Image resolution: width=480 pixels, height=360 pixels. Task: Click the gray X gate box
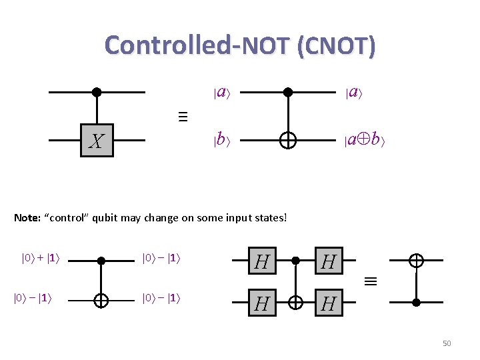pyautogui.click(x=97, y=141)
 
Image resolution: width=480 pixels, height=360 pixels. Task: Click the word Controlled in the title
pyautogui.click(x=167, y=45)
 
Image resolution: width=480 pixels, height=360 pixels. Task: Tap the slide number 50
pyautogui.click(x=447, y=343)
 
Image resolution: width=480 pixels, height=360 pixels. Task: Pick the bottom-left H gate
pyautogui.click(x=262, y=303)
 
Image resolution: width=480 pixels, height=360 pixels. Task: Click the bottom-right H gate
pyautogui.click(x=327, y=303)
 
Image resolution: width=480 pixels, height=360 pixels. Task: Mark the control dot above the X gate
pyautogui.click(x=97, y=92)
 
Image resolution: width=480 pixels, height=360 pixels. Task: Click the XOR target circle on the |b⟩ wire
pyautogui.click(x=288, y=141)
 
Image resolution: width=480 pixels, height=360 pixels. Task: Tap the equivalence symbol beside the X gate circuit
pyautogui.click(x=183, y=117)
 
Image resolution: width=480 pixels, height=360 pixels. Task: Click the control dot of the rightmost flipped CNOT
pyautogui.click(x=416, y=302)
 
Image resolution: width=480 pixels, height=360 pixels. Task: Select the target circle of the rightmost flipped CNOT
pyautogui.click(x=416, y=260)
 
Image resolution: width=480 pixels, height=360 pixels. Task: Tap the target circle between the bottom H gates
pyautogui.click(x=295, y=303)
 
